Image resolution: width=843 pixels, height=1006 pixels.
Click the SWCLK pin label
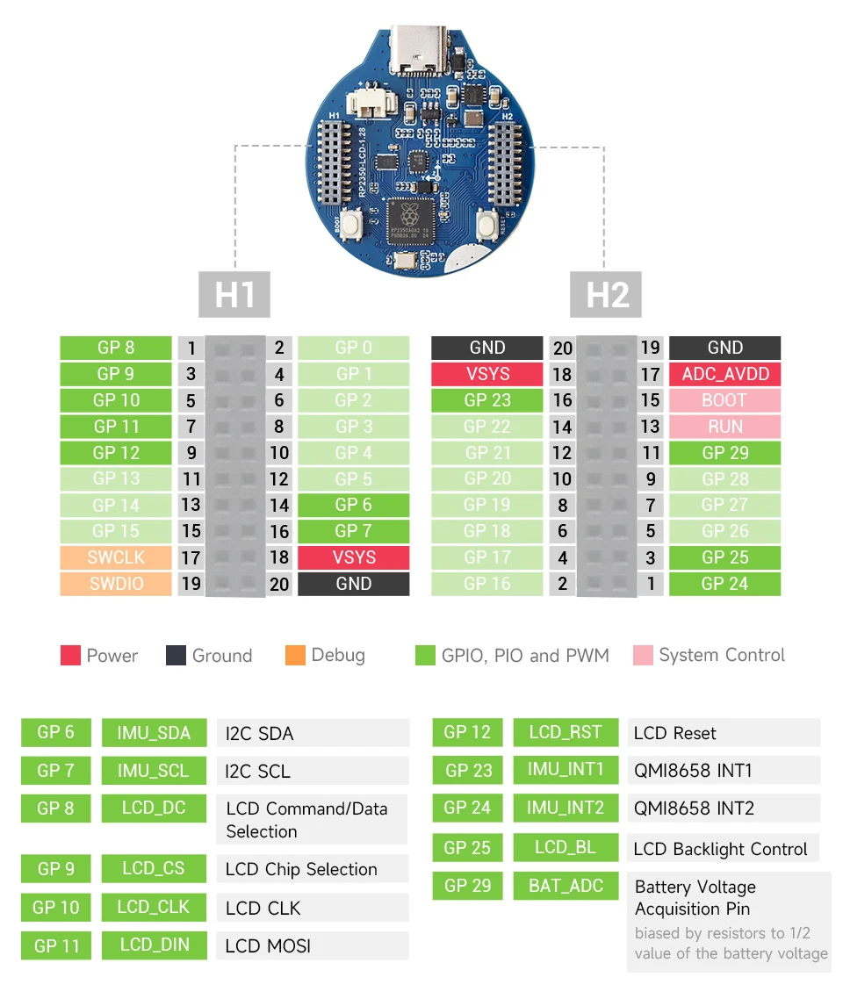tap(116, 557)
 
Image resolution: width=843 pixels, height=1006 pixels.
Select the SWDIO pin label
tap(116, 584)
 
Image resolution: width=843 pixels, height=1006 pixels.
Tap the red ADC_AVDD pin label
tap(724, 374)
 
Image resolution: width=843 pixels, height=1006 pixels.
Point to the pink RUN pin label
tap(724, 427)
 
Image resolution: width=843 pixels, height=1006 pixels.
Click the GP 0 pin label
tap(353, 348)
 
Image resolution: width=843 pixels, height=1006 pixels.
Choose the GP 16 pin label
tap(486, 584)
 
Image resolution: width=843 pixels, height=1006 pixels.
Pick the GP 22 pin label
tap(486, 427)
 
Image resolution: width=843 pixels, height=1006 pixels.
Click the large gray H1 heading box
tap(234, 294)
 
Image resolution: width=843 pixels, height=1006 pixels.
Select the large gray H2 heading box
tap(606, 294)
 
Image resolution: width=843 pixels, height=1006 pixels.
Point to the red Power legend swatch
tap(70, 656)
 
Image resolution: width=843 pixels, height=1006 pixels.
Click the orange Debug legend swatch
tap(296, 656)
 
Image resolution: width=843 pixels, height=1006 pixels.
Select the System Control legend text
tap(722, 656)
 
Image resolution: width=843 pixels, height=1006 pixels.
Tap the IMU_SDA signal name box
tap(154, 733)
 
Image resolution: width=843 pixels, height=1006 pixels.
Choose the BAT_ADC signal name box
tap(566, 886)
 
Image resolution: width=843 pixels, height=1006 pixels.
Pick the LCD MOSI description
tap(268, 945)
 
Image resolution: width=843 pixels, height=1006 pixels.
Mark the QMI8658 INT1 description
tap(694, 771)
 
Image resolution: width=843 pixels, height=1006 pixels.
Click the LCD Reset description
tap(674, 733)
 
